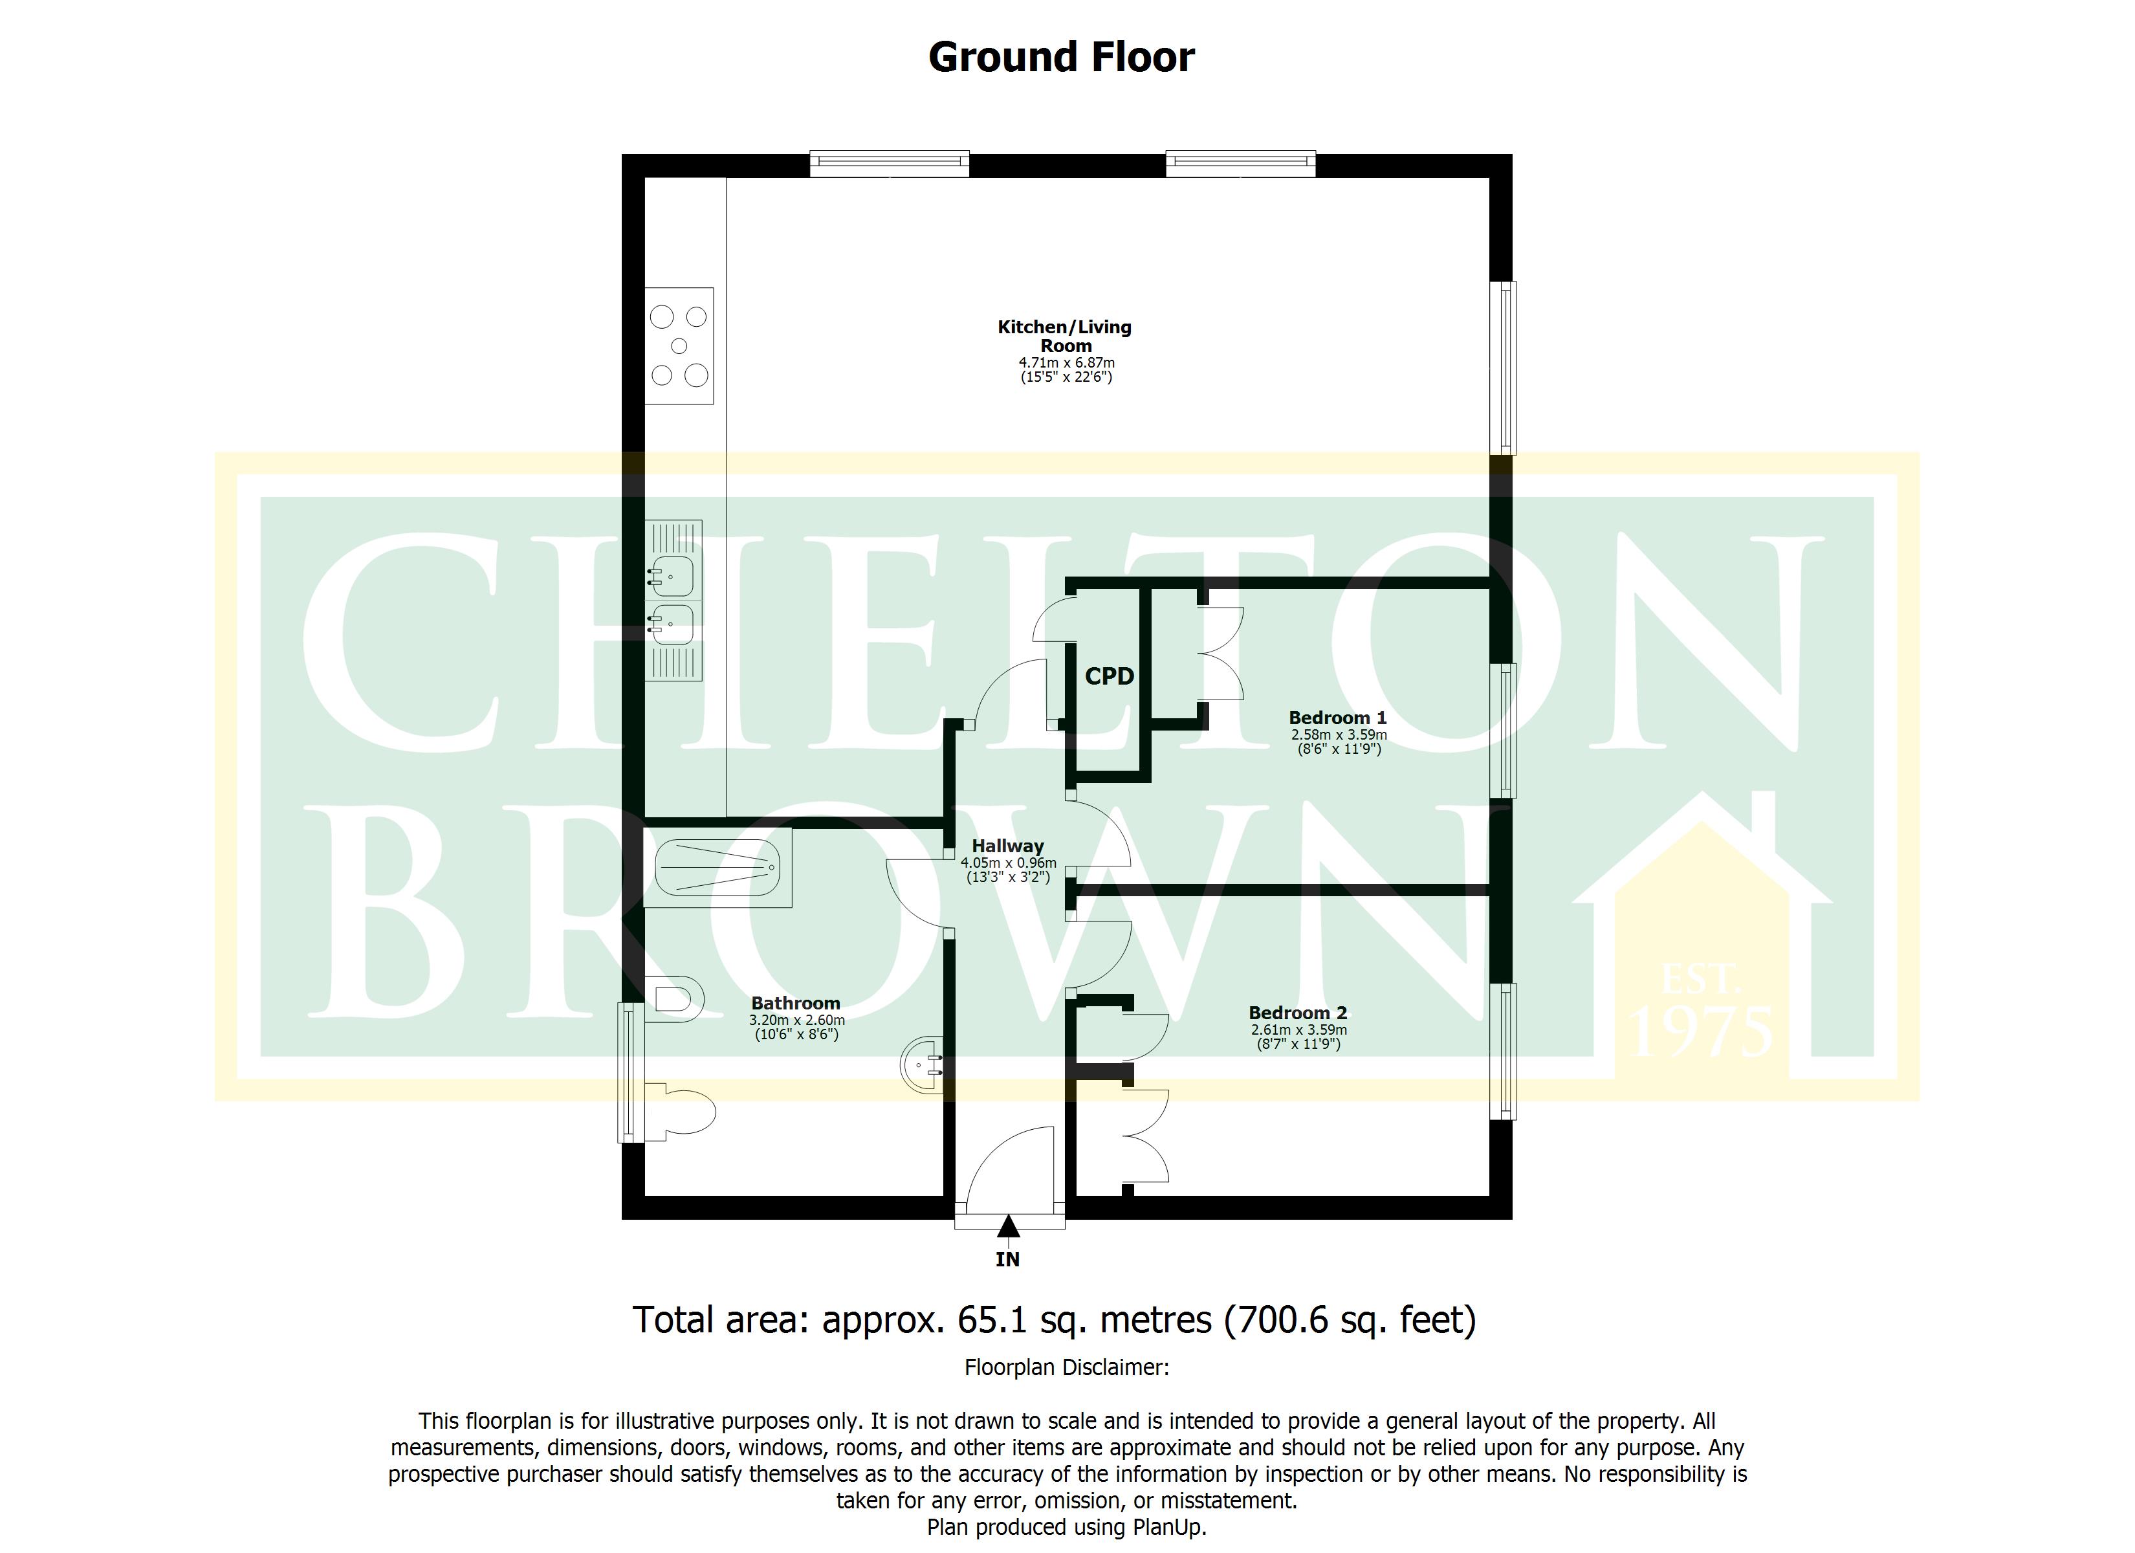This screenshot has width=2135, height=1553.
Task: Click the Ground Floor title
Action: (x=1061, y=58)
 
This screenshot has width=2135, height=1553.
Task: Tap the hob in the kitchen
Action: (x=679, y=346)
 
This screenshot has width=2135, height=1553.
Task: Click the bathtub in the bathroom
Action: (x=717, y=866)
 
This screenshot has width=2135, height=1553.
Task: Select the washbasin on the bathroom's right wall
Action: (x=923, y=1065)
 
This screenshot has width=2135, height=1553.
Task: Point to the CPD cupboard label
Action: (x=1109, y=676)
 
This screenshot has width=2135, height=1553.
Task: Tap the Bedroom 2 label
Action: (x=1297, y=1013)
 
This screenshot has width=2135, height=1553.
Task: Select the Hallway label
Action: (x=1007, y=846)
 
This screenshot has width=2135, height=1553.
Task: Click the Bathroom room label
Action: (x=795, y=1003)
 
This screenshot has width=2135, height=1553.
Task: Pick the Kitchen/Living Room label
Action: (x=1065, y=336)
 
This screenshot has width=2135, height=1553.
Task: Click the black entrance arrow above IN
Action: (x=1008, y=1226)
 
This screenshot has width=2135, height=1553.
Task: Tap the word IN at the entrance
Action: (x=1007, y=1259)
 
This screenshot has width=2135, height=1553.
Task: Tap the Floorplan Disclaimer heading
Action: (x=1067, y=1367)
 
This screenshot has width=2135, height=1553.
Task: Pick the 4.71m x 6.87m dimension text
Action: (x=1067, y=362)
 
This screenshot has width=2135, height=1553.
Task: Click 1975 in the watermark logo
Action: (x=1702, y=1032)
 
